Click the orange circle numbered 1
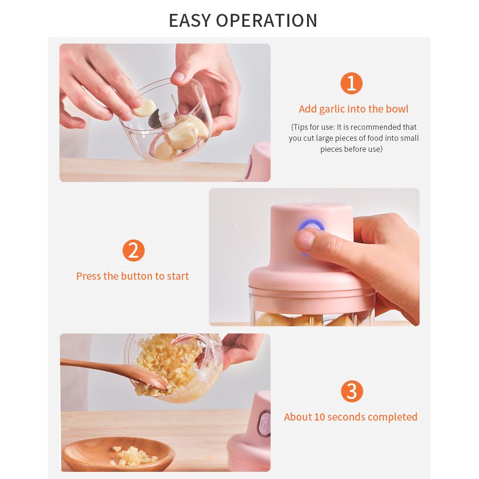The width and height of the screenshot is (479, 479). [351, 83]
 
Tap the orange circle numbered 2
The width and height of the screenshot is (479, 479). [134, 251]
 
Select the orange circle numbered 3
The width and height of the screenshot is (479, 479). [352, 391]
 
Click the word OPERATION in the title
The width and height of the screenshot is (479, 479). [267, 21]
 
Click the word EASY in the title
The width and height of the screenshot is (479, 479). [190, 21]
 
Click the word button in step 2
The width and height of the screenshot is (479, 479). [137, 276]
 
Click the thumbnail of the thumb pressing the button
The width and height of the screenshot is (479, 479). [306, 240]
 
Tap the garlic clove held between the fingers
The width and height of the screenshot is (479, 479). [144, 107]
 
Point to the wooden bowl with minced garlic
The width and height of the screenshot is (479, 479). [118, 454]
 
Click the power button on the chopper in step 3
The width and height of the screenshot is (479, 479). [264, 423]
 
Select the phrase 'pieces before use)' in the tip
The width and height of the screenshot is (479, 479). [351, 149]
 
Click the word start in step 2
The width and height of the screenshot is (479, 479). [178, 276]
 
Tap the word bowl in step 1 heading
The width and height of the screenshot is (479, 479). [397, 109]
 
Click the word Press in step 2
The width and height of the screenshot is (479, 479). [89, 276]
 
